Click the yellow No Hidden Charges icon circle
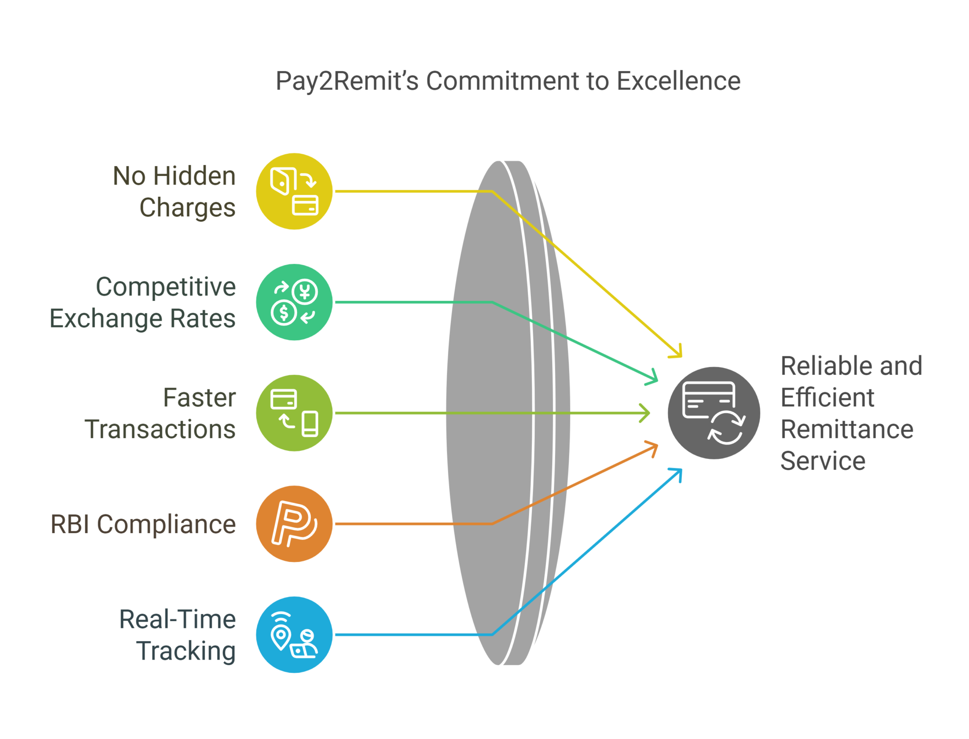tap(294, 191)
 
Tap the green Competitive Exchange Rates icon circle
tap(294, 302)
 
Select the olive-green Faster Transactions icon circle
tap(294, 413)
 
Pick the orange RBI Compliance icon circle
tap(294, 524)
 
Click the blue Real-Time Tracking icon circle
tap(294, 634)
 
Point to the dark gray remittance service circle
tap(714, 413)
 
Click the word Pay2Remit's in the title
tap(347, 81)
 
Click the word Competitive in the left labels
tap(166, 287)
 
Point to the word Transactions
tap(160, 429)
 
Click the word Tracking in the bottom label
tap(186, 651)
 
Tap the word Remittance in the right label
tap(847, 429)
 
